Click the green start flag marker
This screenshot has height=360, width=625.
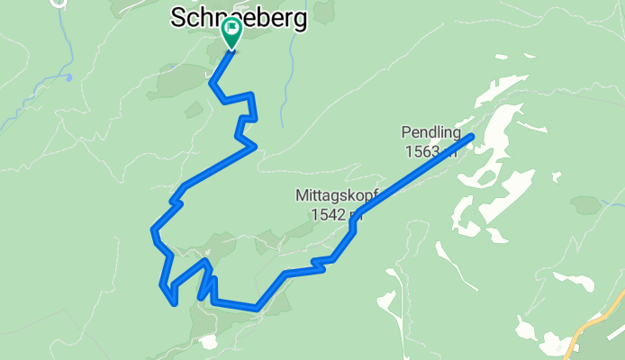point(231,31)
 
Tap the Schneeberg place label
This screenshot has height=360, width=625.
point(239,16)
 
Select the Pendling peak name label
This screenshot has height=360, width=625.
point(430,133)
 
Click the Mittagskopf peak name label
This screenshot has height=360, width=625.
point(336,195)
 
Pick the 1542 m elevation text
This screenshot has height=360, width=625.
point(336,214)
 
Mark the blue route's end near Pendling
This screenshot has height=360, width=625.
point(471,137)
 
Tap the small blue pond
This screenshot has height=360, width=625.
point(68,77)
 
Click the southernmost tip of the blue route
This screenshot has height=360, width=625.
point(174,303)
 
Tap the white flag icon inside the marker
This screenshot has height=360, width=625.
point(231,28)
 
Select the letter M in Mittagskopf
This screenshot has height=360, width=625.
point(301,195)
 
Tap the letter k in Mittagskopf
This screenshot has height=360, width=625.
point(355,195)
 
